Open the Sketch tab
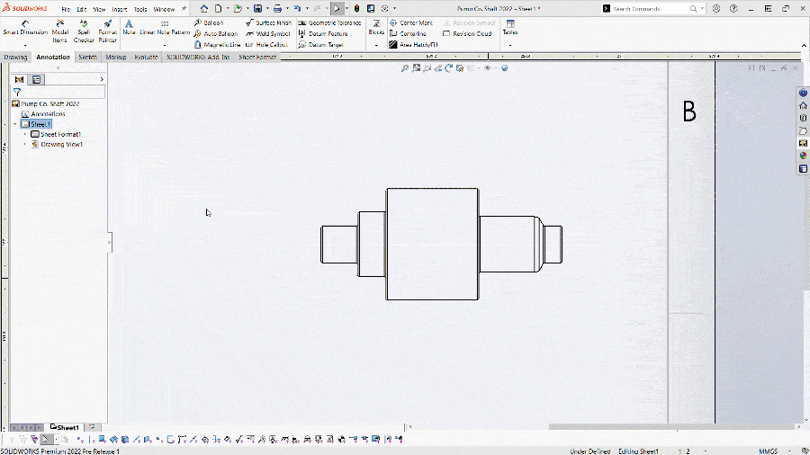[x=87, y=57]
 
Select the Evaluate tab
[x=146, y=57]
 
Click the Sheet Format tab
[x=257, y=57]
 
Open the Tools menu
[x=140, y=9]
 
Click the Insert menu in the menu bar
[x=120, y=9]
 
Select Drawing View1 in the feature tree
[x=62, y=144]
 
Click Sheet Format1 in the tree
[x=60, y=134]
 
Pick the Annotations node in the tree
[x=48, y=114]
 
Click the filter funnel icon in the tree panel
[x=17, y=92]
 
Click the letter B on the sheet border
[x=689, y=112]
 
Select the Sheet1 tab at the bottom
[x=68, y=427]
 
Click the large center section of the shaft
[x=432, y=244]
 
